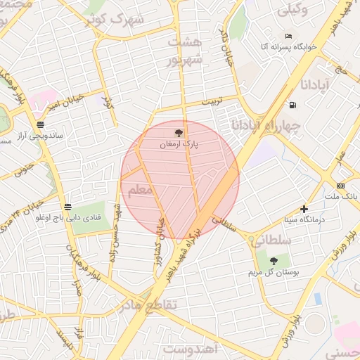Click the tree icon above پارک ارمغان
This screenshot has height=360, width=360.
pos(178,131)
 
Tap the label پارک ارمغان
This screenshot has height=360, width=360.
pos(179,143)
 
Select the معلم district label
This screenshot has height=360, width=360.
pos(140,190)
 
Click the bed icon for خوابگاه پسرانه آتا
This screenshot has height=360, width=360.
pos(288,36)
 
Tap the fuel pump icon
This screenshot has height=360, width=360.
pos(292,105)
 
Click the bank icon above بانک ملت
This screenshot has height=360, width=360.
pos(340,186)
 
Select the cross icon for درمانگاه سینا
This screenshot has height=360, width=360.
pos(304,209)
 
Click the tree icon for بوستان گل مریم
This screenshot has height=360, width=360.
pos(274,261)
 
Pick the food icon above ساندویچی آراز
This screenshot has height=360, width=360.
pos(40,123)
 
